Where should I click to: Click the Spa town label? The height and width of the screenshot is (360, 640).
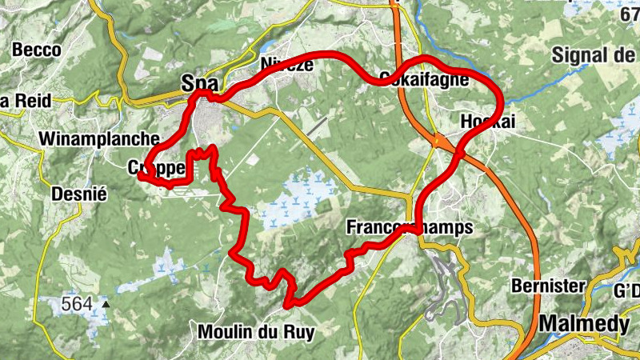pyautogui.click(x=200, y=82)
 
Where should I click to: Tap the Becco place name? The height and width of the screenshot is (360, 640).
pyautogui.click(x=37, y=50)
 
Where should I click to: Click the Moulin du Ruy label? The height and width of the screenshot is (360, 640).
pyautogui.click(x=255, y=330)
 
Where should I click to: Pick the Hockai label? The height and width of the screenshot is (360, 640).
pyautogui.click(x=489, y=121)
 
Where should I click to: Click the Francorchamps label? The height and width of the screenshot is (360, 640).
pyautogui.click(x=410, y=227)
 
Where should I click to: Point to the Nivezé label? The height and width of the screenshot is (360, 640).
pyautogui.click(x=286, y=64)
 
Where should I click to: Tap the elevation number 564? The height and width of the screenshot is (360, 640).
pyautogui.click(x=78, y=304)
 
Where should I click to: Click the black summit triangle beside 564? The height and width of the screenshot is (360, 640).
pyautogui.click(x=105, y=304)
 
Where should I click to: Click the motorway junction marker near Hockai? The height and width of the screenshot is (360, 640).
pyautogui.click(x=439, y=141)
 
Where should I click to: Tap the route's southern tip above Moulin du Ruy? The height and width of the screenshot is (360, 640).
pyautogui.click(x=290, y=304)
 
